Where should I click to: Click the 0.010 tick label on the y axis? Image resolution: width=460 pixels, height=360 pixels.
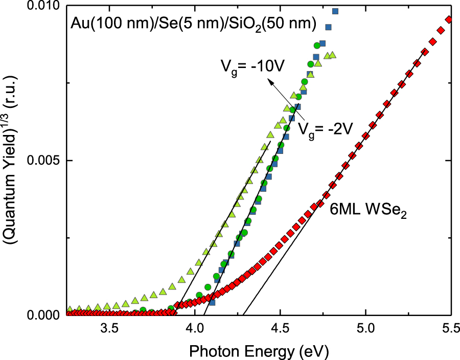(45, 7)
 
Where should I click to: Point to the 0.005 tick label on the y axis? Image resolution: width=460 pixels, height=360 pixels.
(45, 161)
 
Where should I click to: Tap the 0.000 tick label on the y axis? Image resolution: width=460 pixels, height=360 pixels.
(45, 315)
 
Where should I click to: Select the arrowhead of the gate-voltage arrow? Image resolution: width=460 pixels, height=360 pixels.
(271, 81)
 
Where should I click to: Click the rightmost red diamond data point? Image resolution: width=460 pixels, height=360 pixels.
(449, 19)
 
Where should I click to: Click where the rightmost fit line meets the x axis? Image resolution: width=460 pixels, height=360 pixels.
(243, 315)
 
